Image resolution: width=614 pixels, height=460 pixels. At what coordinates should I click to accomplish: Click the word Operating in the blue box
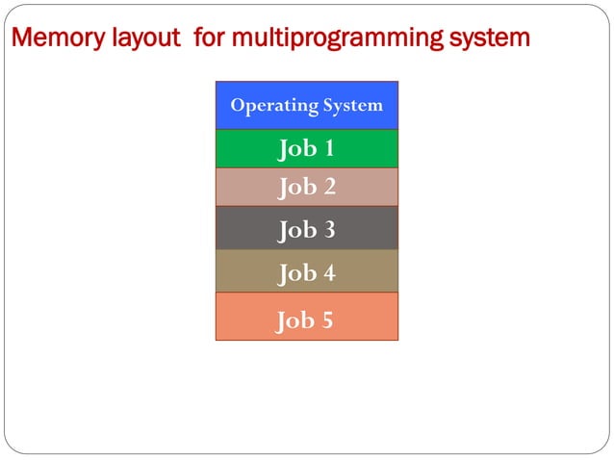point(272,106)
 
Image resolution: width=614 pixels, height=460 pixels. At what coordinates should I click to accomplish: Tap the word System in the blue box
point(351,105)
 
